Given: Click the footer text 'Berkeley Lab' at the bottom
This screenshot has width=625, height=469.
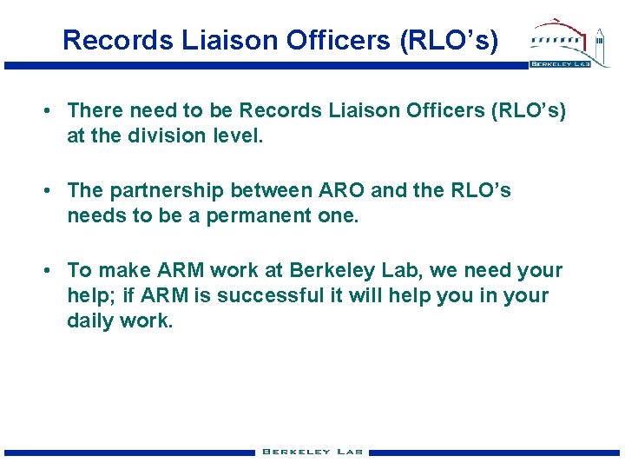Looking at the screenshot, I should [312, 452].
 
